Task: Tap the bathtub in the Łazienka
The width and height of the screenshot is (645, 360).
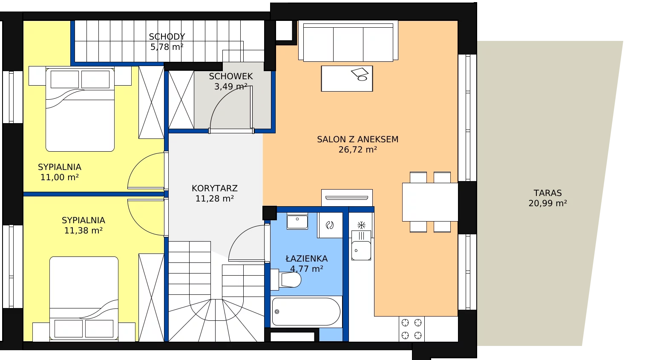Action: (x=306, y=311)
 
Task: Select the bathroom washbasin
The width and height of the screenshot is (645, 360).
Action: (x=297, y=221)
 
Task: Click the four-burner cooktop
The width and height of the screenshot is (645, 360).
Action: (x=412, y=329)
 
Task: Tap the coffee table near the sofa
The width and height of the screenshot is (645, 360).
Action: (x=347, y=79)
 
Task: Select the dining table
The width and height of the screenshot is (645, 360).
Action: (x=430, y=202)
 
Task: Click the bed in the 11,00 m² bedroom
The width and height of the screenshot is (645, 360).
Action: (x=80, y=109)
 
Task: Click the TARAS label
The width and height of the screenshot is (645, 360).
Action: (x=548, y=193)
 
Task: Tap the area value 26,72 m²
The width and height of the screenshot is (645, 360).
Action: (x=357, y=150)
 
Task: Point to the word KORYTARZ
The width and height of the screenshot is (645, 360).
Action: (x=215, y=188)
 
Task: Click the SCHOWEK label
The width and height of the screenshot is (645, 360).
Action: (x=231, y=76)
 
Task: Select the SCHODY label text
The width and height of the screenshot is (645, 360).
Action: (x=167, y=37)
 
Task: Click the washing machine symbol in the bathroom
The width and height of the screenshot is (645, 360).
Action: (x=330, y=225)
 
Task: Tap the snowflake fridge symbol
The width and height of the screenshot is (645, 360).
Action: (x=361, y=225)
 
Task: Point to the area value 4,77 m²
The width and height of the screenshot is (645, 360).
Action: (x=306, y=269)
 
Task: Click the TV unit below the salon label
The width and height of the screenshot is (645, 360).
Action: (x=347, y=198)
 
